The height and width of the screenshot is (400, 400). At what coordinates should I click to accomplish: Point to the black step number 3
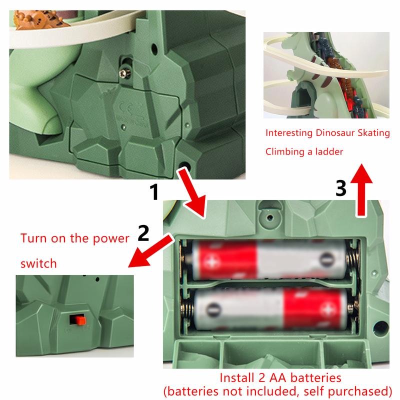click(341, 188)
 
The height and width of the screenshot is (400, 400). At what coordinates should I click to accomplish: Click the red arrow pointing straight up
click(361, 190)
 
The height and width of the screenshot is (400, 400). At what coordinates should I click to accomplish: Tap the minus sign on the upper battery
click(326, 259)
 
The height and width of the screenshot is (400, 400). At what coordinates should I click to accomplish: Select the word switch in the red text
click(38, 263)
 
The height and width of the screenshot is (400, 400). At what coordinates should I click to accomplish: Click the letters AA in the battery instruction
click(278, 378)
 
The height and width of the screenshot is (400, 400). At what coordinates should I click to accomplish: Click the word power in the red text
click(110, 239)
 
